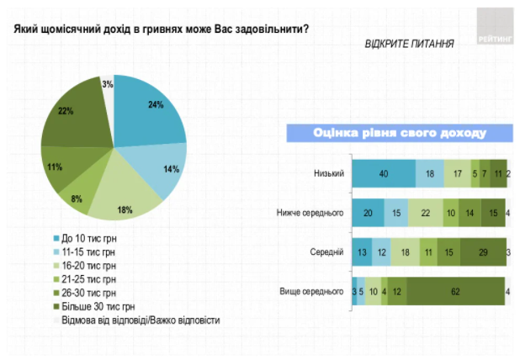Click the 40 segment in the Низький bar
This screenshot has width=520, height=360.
[383, 172]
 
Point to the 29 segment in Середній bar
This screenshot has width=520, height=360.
[483, 251]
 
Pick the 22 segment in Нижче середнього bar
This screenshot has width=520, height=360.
[425, 212]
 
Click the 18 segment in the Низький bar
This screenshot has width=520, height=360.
[429, 172]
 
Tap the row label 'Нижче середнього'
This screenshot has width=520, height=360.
[310, 212]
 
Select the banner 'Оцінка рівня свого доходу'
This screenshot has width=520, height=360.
[399, 133]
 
